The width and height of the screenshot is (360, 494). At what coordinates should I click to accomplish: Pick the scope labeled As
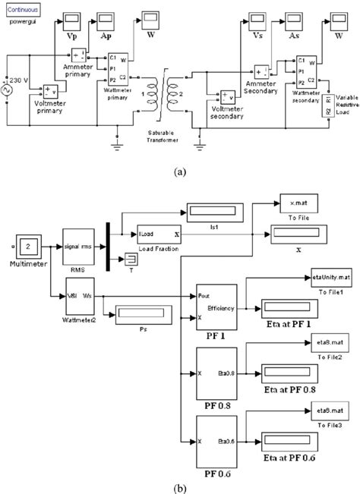293,18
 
